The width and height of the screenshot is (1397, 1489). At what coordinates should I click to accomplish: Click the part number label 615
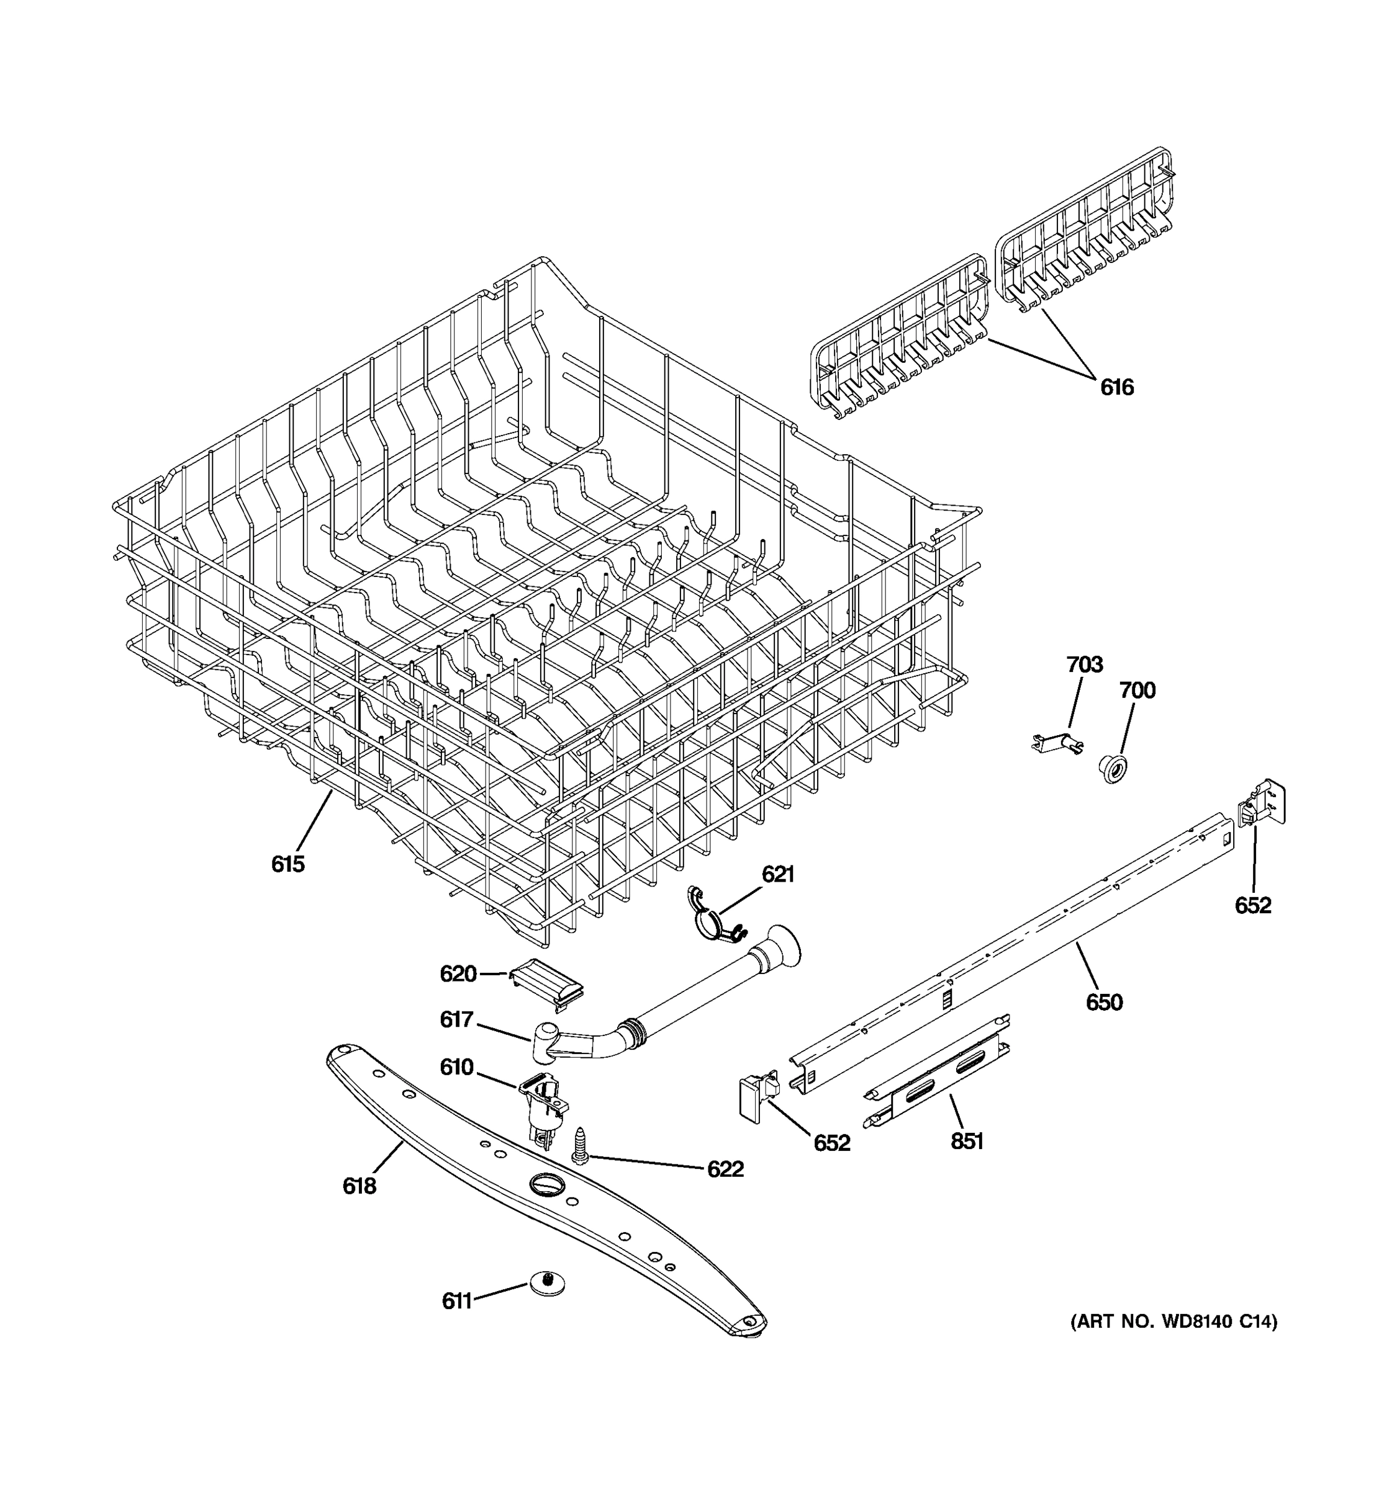pyautogui.click(x=288, y=864)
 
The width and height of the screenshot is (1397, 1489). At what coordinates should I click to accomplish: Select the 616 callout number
pyautogui.click(x=1117, y=387)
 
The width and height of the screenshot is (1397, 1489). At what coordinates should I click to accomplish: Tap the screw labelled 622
pyautogui.click(x=580, y=1145)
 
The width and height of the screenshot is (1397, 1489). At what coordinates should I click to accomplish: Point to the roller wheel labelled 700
pyautogui.click(x=1115, y=769)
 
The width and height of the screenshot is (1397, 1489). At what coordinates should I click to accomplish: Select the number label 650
pyautogui.click(x=1104, y=1002)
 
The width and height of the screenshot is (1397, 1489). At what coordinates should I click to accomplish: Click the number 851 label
pyautogui.click(x=967, y=1142)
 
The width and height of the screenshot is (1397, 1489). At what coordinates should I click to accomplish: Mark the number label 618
pyautogui.click(x=359, y=1186)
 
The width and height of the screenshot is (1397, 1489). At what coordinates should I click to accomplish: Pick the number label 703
pyautogui.click(x=1085, y=664)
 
